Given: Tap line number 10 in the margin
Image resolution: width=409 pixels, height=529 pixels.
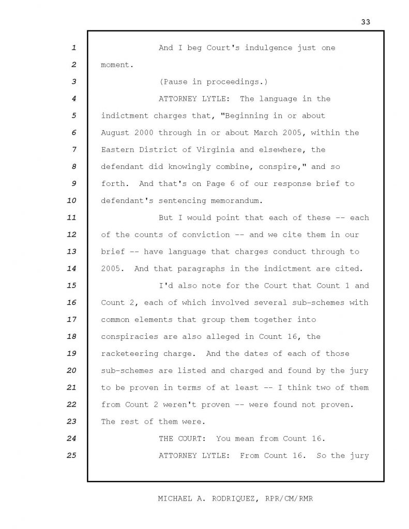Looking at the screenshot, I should (x=72, y=200).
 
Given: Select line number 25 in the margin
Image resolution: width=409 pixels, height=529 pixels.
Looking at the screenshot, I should (x=72, y=456).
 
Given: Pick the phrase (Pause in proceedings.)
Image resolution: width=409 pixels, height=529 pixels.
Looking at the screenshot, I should (x=213, y=82).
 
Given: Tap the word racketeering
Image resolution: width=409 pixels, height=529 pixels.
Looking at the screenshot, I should (x=129, y=354).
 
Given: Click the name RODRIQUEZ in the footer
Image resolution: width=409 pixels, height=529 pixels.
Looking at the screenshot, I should (x=234, y=499).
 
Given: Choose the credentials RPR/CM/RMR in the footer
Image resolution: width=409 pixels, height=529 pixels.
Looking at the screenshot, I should (x=290, y=499).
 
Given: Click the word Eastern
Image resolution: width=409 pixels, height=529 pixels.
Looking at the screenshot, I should (x=118, y=150).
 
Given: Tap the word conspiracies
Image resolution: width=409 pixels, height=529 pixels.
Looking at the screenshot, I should (x=129, y=337).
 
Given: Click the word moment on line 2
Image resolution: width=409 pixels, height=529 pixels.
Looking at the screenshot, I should (x=116, y=65).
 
